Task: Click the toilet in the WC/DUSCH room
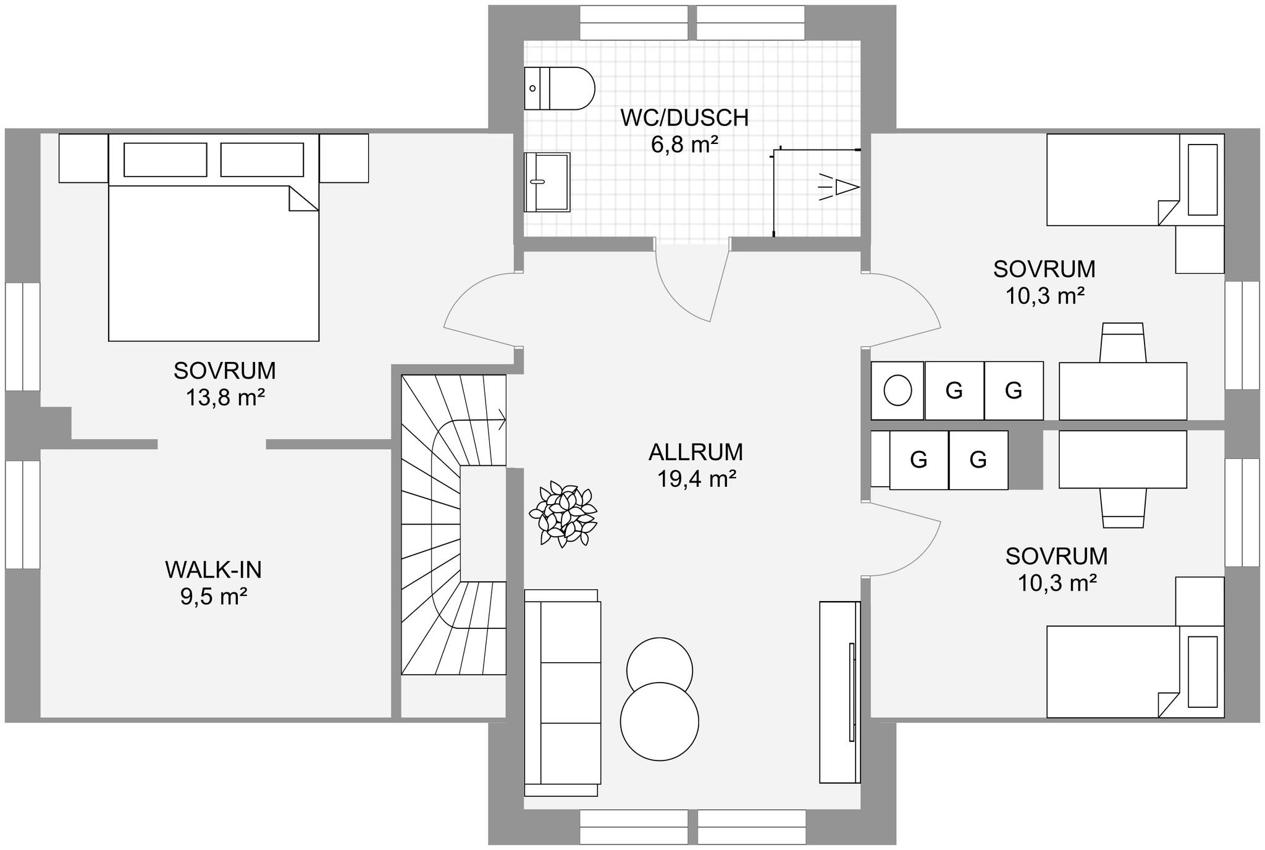[559, 88]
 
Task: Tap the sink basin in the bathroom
[547, 182]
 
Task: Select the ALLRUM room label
[696, 452]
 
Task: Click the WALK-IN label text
[214, 570]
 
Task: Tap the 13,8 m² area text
[225, 398]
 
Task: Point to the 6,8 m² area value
[684, 145]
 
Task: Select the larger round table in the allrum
[660, 722]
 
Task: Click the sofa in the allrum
[562, 692]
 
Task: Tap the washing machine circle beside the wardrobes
[897, 390]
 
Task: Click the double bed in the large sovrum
[214, 237]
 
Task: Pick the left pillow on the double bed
[166, 160]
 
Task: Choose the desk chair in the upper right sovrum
[1124, 342]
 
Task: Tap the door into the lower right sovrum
[905, 539]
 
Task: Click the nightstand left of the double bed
[83, 158]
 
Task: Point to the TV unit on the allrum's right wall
[840, 692]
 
